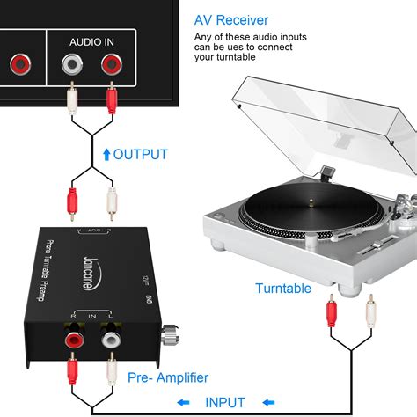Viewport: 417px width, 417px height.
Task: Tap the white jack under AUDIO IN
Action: [71, 63]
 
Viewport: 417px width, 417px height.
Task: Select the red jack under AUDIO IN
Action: [111, 63]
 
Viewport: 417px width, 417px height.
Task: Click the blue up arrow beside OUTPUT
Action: [106, 155]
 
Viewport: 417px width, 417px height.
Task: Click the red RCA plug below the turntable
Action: [331, 310]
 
